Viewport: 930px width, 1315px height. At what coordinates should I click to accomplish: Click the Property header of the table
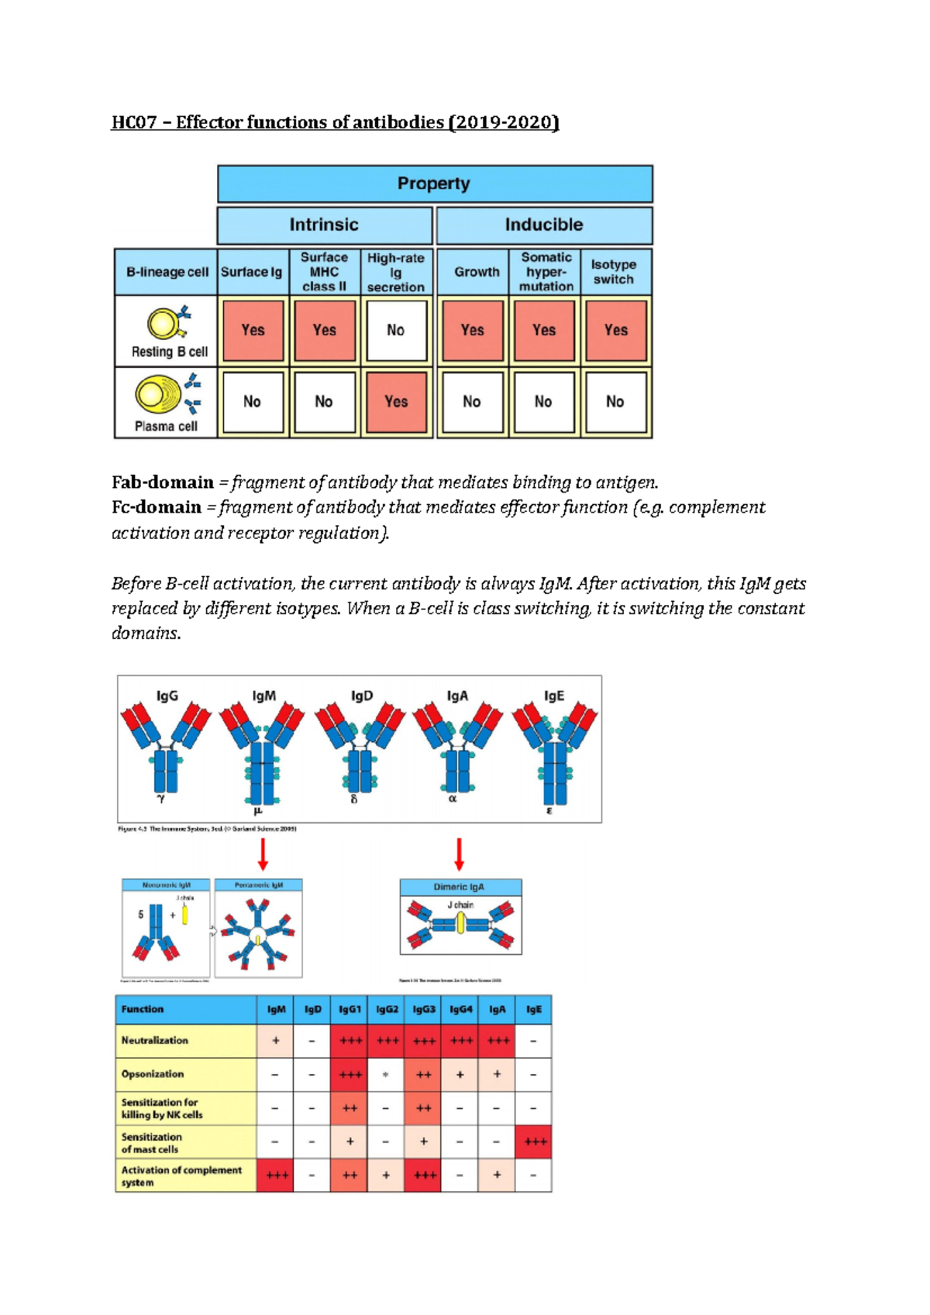tap(434, 184)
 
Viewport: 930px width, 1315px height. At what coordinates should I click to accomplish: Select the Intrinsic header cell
tap(324, 225)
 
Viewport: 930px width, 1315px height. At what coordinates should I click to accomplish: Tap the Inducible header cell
tap(544, 225)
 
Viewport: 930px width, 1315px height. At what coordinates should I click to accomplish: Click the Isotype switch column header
tap(614, 272)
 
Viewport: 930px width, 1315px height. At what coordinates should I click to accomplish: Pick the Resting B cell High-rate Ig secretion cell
tap(396, 331)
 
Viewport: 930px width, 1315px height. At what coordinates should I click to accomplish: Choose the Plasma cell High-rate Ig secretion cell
tap(396, 402)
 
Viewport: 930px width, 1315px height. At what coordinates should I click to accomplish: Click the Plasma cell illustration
tap(166, 395)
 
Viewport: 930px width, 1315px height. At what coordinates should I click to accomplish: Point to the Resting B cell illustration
tap(168, 323)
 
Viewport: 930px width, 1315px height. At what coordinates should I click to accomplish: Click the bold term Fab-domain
tap(163, 482)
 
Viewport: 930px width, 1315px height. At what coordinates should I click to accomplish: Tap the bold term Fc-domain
tap(157, 507)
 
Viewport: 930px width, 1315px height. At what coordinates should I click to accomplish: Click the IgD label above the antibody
tap(362, 695)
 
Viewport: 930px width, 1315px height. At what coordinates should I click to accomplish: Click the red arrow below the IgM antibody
tap(263, 854)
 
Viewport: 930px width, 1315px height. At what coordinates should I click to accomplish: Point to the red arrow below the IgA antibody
tap(460, 854)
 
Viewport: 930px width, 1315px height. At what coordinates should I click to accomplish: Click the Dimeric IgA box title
tap(460, 887)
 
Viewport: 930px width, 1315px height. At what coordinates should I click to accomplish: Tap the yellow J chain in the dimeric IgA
tap(460, 923)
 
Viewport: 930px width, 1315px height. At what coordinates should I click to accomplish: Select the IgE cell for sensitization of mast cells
tap(535, 1142)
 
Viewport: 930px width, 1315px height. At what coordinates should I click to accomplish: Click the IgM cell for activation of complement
tap(276, 1175)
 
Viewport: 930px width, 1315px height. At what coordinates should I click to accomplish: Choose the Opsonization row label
tap(153, 1074)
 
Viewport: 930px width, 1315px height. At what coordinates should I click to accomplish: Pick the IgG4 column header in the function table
tap(460, 1010)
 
